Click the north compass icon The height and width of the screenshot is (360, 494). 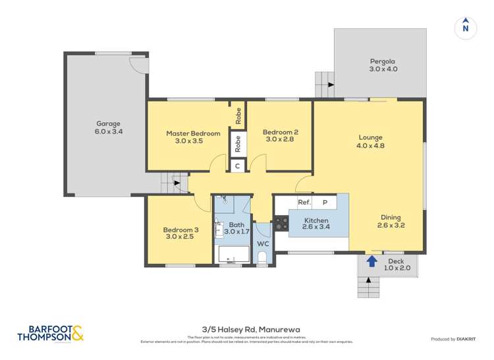coord(466,27)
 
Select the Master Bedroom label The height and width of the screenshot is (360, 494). coord(193,133)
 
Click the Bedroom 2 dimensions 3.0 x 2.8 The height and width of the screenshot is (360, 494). coord(277,140)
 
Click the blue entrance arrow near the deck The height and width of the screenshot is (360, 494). coord(371,261)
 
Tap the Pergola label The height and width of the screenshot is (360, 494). coord(382,61)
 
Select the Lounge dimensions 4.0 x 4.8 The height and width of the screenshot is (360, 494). coord(370,146)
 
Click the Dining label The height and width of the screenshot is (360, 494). coord(390,218)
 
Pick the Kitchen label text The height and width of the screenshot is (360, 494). coord(316,220)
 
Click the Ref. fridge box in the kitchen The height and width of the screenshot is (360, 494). coord(304,203)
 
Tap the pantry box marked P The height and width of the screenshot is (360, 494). coord(325,203)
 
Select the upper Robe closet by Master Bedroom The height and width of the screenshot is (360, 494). coord(237,116)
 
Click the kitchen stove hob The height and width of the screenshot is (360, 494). coord(281,224)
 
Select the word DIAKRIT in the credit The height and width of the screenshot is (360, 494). coord(464,339)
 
